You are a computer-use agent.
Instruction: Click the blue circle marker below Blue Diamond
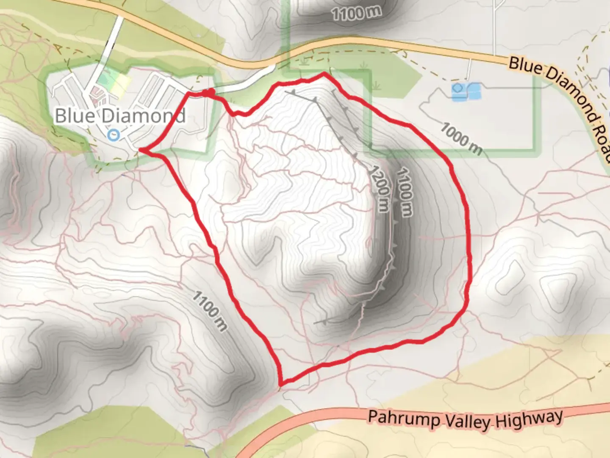[x=113, y=135]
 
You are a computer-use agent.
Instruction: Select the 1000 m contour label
[x=462, y=138]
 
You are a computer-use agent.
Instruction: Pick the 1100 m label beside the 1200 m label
[x=404, y=192]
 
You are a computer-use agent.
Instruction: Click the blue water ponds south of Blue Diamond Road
[x=466, y=92]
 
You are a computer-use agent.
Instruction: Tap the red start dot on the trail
[x=208, y=92]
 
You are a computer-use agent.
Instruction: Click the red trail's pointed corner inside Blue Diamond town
[x=141, y=149]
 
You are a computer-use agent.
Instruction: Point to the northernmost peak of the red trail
[x=324, y=74]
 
